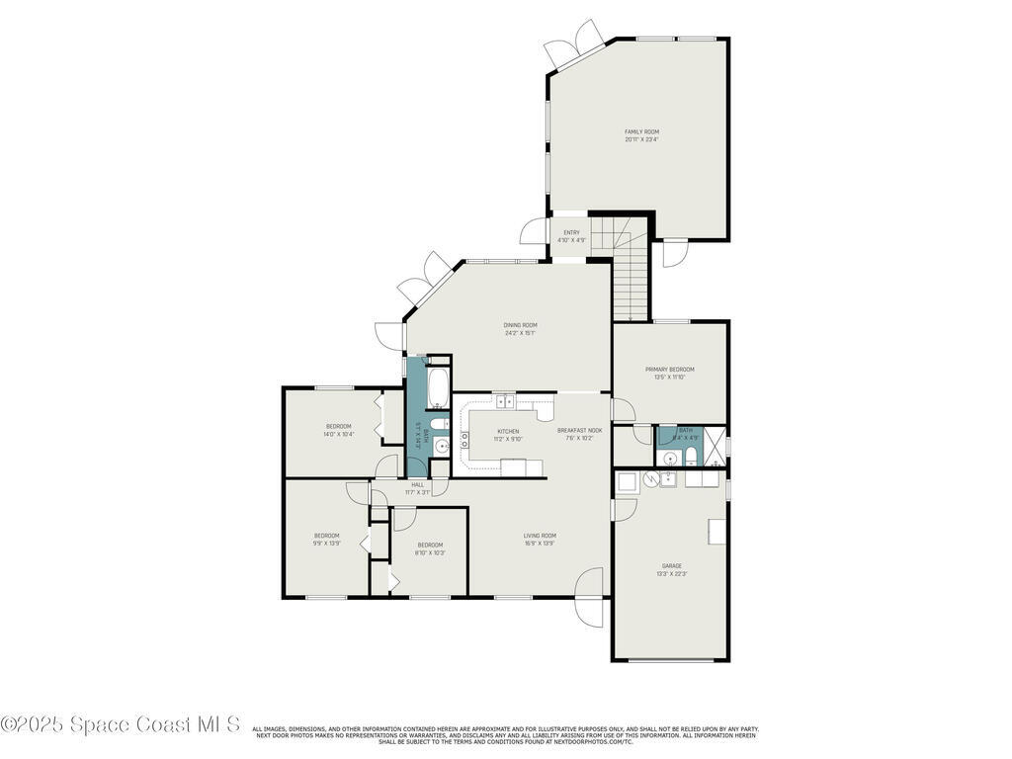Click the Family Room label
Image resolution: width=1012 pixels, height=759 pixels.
[641, 135]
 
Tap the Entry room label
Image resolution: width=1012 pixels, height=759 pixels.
[571, 236]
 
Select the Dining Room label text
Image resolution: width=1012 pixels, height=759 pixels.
[521, 329]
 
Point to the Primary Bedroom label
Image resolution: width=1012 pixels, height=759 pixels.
[669, 373]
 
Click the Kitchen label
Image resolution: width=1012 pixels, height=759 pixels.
[508, 435]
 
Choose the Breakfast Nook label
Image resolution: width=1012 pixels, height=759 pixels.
[579, 434]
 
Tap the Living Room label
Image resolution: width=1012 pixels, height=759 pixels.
[540, 539]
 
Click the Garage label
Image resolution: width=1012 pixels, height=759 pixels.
[672, 569]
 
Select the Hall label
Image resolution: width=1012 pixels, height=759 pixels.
[417, 488]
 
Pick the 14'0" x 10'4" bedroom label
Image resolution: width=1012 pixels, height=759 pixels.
[338, 430]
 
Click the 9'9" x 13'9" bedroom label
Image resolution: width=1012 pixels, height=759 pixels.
[327, 539]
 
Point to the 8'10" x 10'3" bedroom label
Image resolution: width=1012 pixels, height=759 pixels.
[430, 548]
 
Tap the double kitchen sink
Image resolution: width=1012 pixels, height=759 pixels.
[505, 401]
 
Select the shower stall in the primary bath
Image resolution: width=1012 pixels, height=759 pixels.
[715, 445]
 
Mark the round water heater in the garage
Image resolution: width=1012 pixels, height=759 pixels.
[651, 479]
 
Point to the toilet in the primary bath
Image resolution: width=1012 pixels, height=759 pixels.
[691, 457]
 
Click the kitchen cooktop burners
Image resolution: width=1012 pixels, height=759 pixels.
[464, 440]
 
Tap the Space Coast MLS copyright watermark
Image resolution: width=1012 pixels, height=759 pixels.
[120, 724]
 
